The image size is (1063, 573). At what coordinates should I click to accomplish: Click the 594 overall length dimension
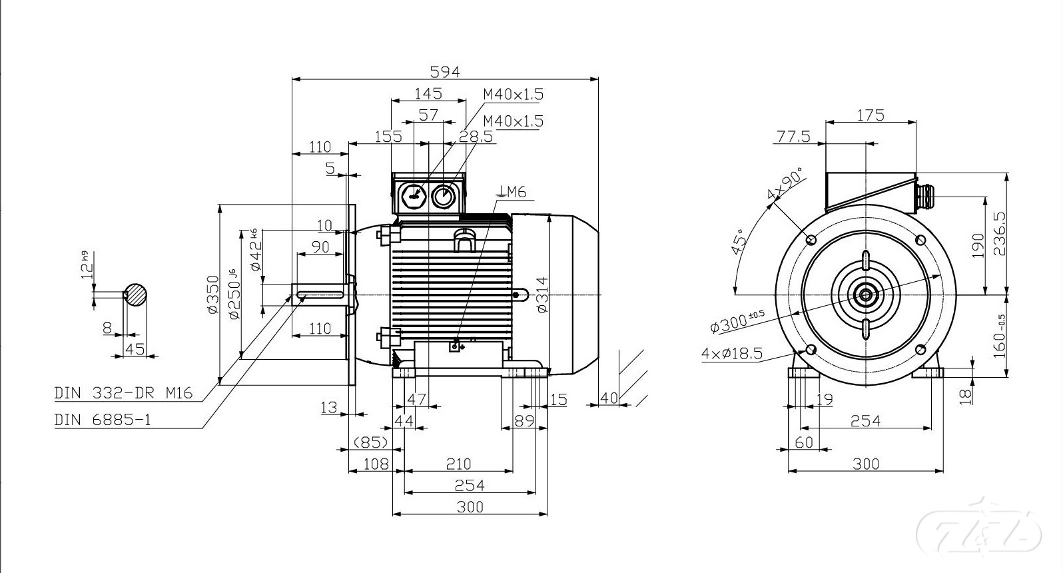click(x=445, y=71)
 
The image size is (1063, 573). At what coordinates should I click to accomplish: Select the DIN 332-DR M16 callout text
click(x=123, y=393)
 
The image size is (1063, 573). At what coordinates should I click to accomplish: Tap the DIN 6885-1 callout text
click(x=103, y=420)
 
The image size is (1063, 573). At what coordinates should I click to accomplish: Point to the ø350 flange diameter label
click(x=212, y=294)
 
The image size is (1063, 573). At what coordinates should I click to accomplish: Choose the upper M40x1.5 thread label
click(x=513, y=94)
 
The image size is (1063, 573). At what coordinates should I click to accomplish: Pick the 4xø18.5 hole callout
click(x=731, y=353)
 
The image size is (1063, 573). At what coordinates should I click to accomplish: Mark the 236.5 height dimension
click(x=1000, y=233)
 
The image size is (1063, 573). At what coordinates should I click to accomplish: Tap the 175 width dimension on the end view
click(x=870, y=115)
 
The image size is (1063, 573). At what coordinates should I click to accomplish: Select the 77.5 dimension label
click(x=793, y=137)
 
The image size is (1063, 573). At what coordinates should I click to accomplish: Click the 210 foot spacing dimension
click(x=458, y=463)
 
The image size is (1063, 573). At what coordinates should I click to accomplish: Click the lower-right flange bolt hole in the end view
click(x=921, y=349)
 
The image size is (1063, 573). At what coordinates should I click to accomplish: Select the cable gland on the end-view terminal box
click(x=923, y=193)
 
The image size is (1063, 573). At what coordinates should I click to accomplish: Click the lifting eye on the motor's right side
click(x=521, y=293)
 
